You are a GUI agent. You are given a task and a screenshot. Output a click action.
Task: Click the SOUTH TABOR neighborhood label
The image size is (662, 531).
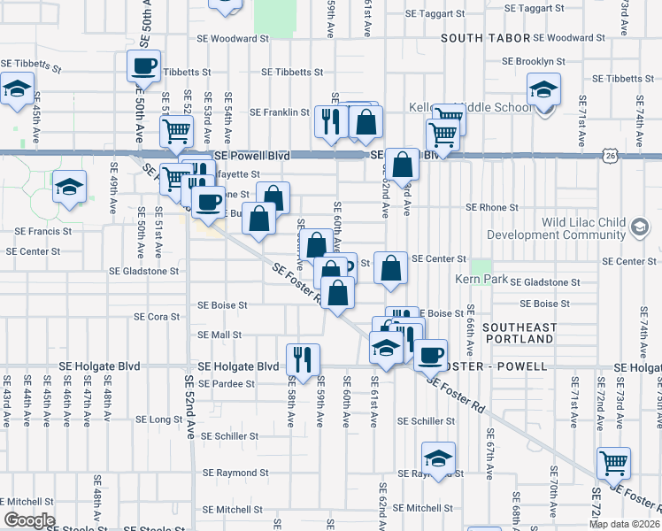click(x=483, y=39)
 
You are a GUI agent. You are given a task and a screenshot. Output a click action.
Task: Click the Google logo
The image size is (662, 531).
click(x=28, y=520)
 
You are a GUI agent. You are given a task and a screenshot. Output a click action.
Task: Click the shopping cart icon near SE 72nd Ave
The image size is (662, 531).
click(x=613, y=462)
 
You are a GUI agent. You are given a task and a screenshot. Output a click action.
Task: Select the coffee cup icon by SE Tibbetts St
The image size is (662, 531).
click(x=143, y=65)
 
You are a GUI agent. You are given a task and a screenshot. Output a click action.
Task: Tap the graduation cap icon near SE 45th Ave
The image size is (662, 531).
click(x=17, y=88)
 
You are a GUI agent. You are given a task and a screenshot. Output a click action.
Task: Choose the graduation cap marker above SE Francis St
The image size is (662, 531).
click(x=68, y=187)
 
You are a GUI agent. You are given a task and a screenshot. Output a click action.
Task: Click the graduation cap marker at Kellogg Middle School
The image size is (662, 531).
click(x=543, y=90)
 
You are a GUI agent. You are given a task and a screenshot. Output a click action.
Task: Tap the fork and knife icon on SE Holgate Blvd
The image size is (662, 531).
click(x=303, y=359)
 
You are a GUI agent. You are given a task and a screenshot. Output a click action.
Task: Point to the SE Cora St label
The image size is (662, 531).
click(x=157, y=316)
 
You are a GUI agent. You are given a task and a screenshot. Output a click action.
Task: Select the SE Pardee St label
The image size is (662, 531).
click(x=227, y=384)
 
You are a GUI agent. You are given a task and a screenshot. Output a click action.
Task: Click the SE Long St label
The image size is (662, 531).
click(x=159, y=419)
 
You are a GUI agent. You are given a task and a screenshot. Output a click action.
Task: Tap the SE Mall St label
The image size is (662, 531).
click(x=219, y=335)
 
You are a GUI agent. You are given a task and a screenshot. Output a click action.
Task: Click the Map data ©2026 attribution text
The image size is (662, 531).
click(x=623, y=524)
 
